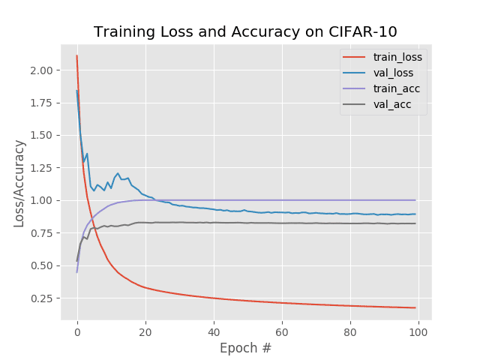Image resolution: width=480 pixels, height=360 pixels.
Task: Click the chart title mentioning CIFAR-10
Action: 245,31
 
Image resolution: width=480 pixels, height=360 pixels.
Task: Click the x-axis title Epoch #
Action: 245,348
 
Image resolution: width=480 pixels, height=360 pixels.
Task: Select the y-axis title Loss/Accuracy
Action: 19,183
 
